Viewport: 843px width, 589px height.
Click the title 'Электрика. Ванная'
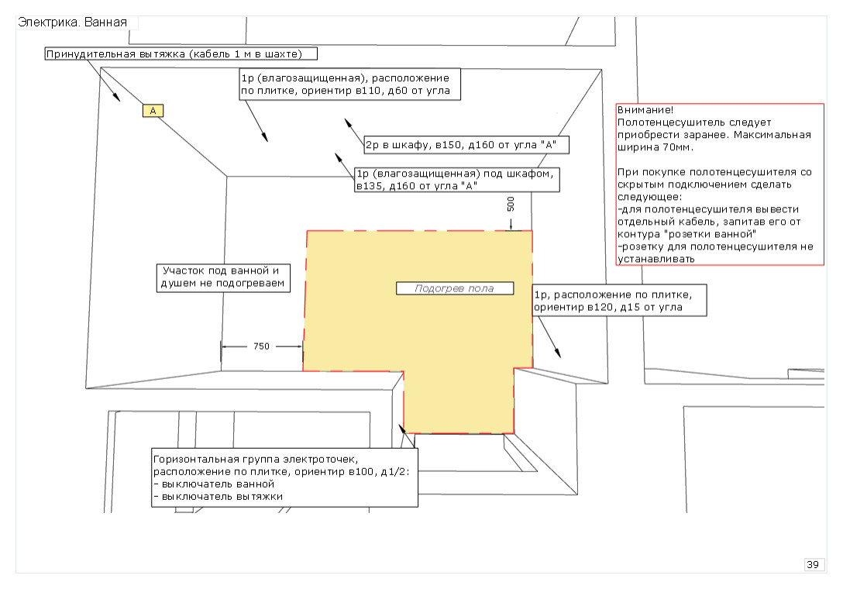tap(73, 22)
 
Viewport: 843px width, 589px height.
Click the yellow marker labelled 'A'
tap(153, 111)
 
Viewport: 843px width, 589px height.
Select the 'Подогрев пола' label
tap(455, 288)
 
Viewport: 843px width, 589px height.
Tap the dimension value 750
tap(261, 346)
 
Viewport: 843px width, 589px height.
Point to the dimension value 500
tap(511, 204)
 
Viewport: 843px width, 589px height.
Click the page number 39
tap(813, 564)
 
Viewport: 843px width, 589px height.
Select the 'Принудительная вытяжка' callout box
tap(181, 53)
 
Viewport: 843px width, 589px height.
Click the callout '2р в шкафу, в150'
tap(466, 145)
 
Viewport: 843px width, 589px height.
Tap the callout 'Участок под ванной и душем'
tap(223, 277)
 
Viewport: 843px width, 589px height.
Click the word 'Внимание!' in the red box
tap(645, 110)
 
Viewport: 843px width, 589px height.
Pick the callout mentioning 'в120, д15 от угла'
tap(619, 301)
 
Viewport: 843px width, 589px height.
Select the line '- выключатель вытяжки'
tap(218, 497)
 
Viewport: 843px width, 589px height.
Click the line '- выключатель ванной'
tap(214, 484)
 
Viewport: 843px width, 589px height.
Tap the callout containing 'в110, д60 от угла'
tap(350, 84)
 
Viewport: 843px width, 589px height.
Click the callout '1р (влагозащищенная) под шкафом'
tap(457, 180)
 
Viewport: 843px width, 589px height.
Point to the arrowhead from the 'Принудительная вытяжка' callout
tap(116, 97)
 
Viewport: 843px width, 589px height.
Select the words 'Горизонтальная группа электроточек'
tap(256, 460)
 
